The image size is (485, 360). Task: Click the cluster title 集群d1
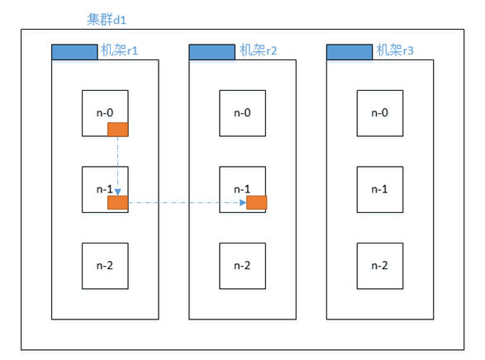pos(107,18)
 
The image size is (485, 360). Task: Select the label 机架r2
pos(258,51)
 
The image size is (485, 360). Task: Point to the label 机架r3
pos(395,51)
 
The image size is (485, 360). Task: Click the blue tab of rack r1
pos(74,52)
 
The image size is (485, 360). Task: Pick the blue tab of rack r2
pos(212,52)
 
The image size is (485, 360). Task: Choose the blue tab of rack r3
pos(349,52)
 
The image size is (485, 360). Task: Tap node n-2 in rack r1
pos(105,265)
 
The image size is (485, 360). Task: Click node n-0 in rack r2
pos(242,113)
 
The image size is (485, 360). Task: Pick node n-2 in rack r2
pos(242,265)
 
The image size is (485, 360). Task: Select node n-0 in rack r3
pos(379,113)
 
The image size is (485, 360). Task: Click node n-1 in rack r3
pos(379,189)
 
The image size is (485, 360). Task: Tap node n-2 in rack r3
pos(379,265)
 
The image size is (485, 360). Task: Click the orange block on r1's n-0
pos(118,128)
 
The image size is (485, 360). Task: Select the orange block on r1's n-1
pos(118,203)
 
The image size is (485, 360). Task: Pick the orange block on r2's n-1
pos(257,203)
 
